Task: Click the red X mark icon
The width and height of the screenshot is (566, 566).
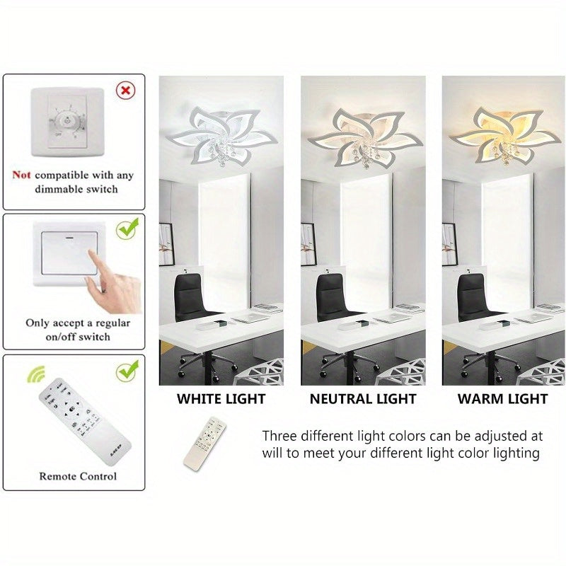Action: coord(126,91)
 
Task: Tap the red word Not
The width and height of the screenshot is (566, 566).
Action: coord(21,175)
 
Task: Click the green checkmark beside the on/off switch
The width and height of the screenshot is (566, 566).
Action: coord(127,229)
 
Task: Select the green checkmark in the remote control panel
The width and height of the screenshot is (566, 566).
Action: coord(127,369)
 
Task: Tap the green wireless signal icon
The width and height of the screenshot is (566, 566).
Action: coord(33,375)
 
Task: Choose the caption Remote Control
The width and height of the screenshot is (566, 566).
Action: coord(78,476)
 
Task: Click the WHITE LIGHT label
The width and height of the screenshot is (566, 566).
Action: coord(221,399)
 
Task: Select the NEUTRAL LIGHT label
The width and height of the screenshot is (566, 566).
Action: coord(363,399)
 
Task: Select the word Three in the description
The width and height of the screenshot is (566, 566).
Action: coord(279,436)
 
